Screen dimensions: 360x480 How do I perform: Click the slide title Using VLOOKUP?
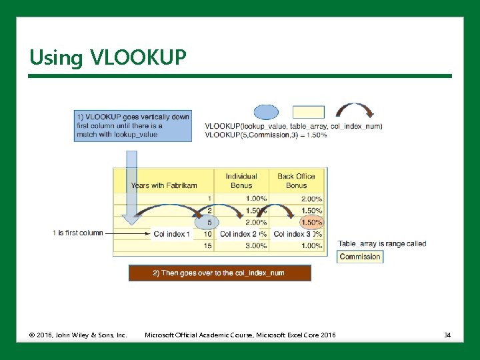coord(107,57)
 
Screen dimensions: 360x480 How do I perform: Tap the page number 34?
coord(447,334)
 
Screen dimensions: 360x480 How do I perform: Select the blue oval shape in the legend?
coord(267,112)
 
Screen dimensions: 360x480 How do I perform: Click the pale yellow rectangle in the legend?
coord(309,112)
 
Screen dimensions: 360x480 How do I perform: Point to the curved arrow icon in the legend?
coord(354,111)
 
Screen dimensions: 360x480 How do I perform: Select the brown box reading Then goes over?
coord(219,273)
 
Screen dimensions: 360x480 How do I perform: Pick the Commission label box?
coord(360,257)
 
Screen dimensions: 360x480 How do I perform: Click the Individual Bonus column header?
coord(241,181)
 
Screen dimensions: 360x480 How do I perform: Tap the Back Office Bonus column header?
coord(296,181)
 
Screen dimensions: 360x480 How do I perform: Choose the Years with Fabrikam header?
coord(164,185)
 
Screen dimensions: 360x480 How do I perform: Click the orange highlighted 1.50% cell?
coord(311,222)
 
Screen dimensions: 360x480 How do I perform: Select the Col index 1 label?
coord(171,234)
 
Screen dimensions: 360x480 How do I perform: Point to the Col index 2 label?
coord(238,234)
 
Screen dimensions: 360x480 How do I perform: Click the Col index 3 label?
coord(292,234)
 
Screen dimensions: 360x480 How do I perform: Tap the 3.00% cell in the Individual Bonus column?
coord(255,246)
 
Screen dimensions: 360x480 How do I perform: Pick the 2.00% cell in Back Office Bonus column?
coord(311,199)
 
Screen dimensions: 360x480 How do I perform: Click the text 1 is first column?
coord(78,233)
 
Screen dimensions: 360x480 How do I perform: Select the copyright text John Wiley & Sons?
coord(78,334)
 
